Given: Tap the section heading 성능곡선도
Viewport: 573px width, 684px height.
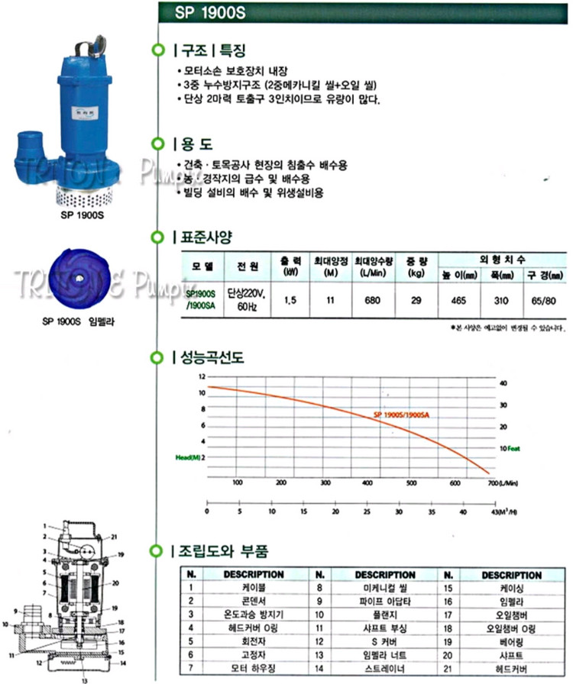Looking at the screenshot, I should click(209, 357).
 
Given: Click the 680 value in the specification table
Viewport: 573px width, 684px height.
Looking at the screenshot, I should click(374, 300).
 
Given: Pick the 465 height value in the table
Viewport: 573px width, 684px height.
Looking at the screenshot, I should click(458, 300).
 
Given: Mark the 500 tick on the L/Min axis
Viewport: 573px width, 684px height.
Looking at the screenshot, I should click(411, 482).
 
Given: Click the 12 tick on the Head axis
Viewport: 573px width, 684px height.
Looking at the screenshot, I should click(202, 378).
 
